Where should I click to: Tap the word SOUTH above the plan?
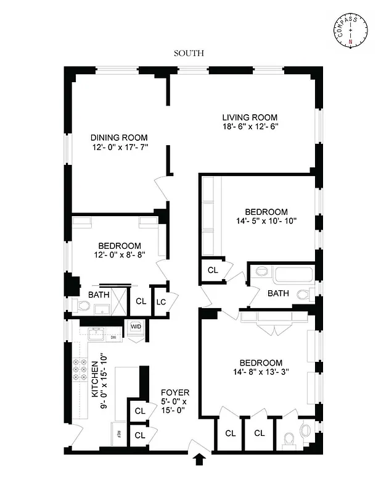tap(188, 54)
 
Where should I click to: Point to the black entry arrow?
tap(200, 459)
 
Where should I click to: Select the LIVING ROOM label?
tap(250, 117)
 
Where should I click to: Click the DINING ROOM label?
tap(119, 138)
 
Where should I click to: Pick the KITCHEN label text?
tap(96, 379)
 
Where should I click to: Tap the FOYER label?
tap(174, 393)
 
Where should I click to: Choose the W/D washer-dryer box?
tap(136, 327)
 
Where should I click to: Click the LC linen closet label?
tap(161, 301)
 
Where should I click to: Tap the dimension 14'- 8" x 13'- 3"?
tap(261, 372)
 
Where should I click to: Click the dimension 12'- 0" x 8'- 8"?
tap(119, 255)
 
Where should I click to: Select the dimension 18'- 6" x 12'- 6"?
tap(250, 127)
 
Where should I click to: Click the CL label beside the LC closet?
tap(141, 301)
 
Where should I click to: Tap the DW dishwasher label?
tap(113, 338)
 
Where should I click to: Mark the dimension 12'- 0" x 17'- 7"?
tap(119, 148)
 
